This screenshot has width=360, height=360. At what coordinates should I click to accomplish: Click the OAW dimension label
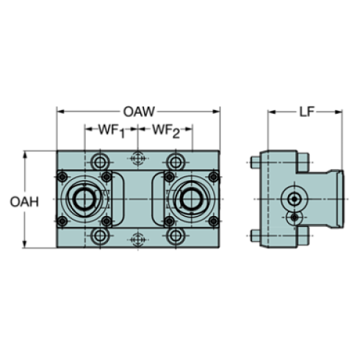(138, 112)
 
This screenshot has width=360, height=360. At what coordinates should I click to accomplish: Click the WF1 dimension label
(109, 132)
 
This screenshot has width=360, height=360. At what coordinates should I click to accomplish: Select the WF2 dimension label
(165, 132)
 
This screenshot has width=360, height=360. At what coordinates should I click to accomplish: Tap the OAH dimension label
(24, 201)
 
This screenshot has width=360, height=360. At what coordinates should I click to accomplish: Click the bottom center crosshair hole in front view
(137, 237)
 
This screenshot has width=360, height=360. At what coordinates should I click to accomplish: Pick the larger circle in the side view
(295, 199)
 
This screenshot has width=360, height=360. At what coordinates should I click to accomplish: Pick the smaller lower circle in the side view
(295, 218)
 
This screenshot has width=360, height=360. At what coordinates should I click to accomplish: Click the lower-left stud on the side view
(254, 236)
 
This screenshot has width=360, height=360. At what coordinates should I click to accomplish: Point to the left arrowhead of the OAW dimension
(60, 112)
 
